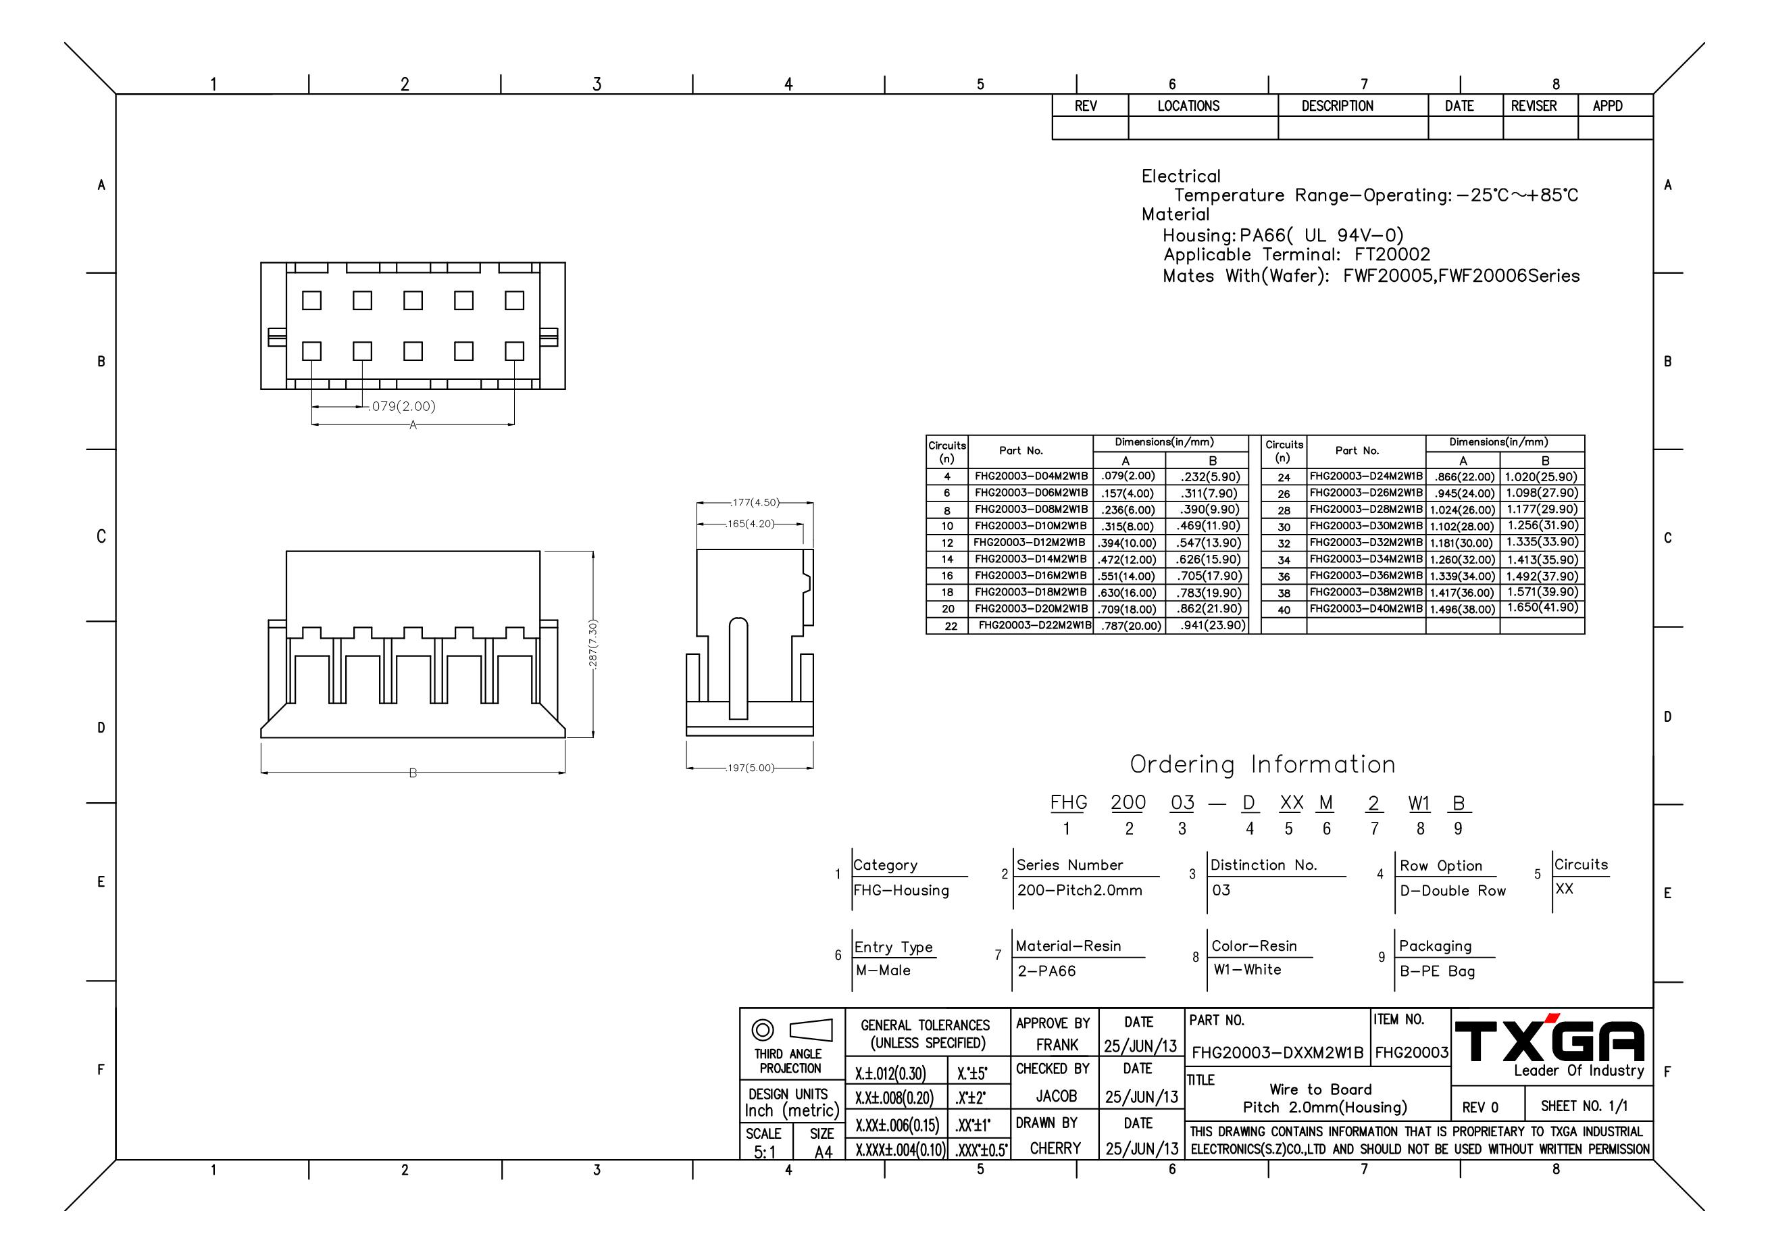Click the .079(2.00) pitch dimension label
click(403, 406)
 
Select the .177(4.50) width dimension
click(755, 503)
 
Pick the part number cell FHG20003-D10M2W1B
click(1030, 526)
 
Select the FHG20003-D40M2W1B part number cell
click(1366, 608)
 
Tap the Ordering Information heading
click(1263, 764)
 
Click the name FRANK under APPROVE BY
click(1057, 1044)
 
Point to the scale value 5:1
click(765, 1152)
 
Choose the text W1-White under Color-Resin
click(1247, 969)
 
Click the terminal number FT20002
click(1392, 255)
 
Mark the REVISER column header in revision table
click(1534, 105)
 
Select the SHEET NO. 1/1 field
click(1584, 1106)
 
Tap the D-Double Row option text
click(1453, 891)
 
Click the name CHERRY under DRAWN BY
click(1055, 1148)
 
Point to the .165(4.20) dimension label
click(750, 524)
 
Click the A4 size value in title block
click(824, 1152)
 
